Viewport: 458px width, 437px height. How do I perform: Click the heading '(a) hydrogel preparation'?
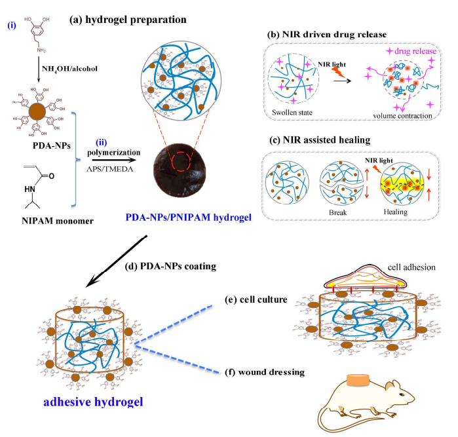[128, 20]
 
